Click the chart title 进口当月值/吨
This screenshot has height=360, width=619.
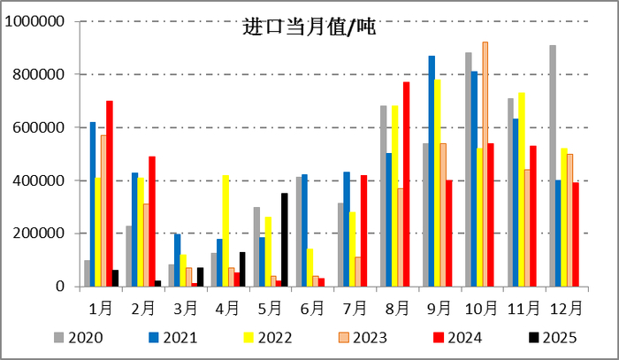coord(309,27)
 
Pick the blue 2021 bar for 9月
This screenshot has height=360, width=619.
coord(432,172)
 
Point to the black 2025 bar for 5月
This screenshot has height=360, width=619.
coord(284,240)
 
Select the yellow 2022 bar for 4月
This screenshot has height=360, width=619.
coord(226,231)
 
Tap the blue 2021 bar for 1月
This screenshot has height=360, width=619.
coord(93,204)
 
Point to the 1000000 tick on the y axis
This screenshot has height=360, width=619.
coord(36,21)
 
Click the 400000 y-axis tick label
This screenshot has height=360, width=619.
coord(40,180)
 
